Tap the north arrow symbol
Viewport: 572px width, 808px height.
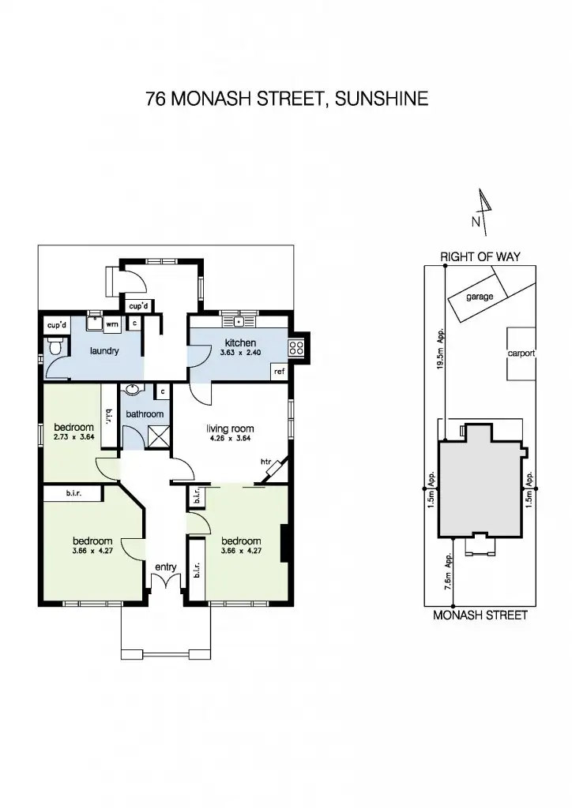(484, 211)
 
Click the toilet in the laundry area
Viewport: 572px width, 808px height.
(55, 346)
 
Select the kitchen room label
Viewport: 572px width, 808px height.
(240, 342)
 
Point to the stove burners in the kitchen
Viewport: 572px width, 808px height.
(297, 347)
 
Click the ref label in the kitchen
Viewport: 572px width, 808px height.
(279, 371)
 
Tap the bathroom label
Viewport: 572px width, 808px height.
(145, 414)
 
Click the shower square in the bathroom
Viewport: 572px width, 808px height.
(158, 436)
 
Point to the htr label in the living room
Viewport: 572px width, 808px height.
(266, 462)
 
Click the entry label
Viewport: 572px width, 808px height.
(165, 567)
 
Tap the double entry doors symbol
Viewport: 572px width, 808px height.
(165, 584)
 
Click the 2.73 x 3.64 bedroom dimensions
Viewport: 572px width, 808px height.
(73, 436)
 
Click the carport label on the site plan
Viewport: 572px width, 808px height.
(521, 353)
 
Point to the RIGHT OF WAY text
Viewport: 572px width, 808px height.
(480, 256)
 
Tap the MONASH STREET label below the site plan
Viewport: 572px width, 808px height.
(480, 615)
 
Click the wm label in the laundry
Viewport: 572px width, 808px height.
(113, 324)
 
